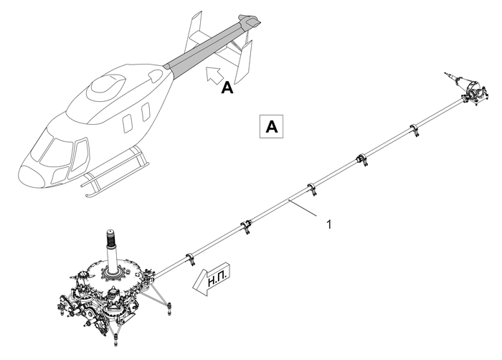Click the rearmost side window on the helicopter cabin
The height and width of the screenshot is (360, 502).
146,112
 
